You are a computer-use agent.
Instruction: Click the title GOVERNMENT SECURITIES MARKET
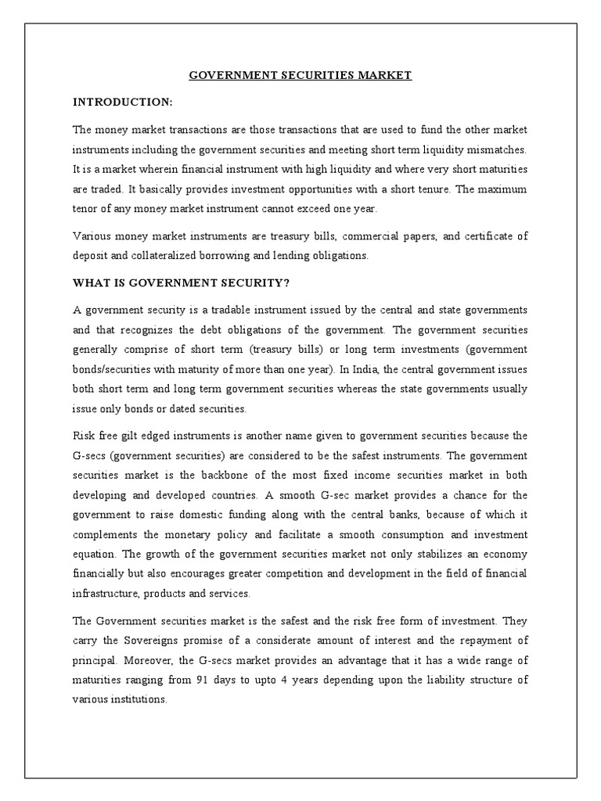pyautogui.click(x=300, y=76)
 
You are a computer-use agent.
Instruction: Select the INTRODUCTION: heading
pyautogui.click(x=122, y=102)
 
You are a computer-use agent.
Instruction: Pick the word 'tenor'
pyautogui.click(x=86, y=210)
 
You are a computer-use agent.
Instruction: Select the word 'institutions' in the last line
pyautogui.click(x=137, y=699)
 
